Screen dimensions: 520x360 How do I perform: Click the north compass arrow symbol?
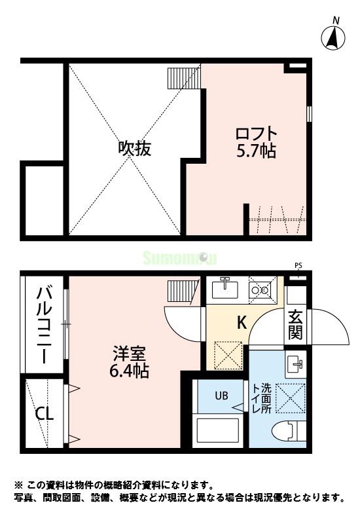tap(334, 37)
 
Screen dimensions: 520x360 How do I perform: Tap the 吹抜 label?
tap(135, 149)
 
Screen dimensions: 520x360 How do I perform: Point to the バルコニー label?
tap(45, 325)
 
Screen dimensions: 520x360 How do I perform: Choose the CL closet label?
tap(45, 414)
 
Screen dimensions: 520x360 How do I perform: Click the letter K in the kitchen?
tap(242, 323)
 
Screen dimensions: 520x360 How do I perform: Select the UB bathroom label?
tap(222, 395)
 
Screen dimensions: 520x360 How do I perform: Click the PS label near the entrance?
tap(298, 266)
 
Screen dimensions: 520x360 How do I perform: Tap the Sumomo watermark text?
tap(179, 258)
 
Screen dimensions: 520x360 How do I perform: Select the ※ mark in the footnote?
tap(18, 485)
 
